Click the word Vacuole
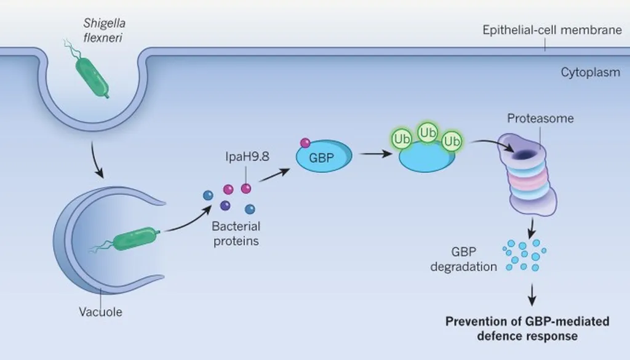[x=101, y=311]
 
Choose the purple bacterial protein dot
[x=225, y=206]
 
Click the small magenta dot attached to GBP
[x=304, y=143]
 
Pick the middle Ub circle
[x=428, y=132]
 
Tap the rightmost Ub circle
[x=452, y=140]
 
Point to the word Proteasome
[x=540, y=119]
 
